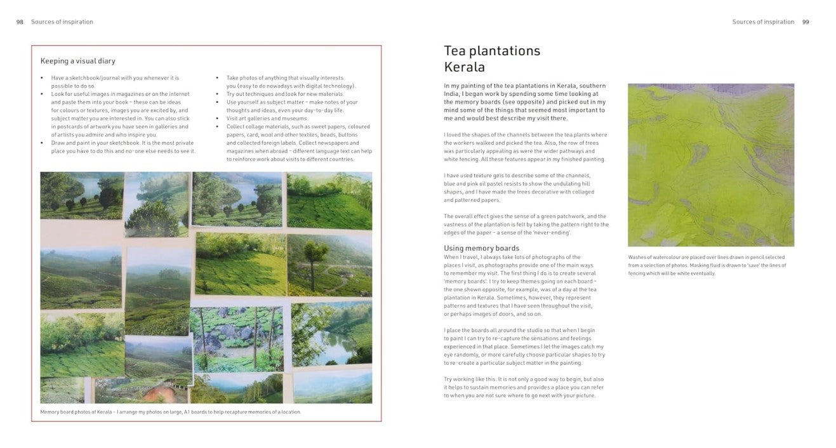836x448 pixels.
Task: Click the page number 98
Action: pyautogui.click(x=20, y=22)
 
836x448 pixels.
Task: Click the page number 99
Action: pyautogui.click(x=806, y=22)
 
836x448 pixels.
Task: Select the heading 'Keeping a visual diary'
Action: pyautogui.click(x=77, y=61)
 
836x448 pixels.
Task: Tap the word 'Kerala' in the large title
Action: pyautogui.click(x=464, y=67)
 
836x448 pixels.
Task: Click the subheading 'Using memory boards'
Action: pyautogui.click(x=481, y=248)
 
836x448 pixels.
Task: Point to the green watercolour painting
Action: pyautogui.click(x=710, y=165)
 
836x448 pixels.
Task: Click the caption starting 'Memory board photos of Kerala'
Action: pyautogui.click(x=170, y=412)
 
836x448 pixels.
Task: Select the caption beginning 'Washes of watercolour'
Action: pyautogui.click(x=707, y=265)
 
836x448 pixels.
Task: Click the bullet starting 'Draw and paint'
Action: pyautogui.click(x=123, y=147)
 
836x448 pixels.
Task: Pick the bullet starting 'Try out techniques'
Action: pyautogui.click(x=285, y=94)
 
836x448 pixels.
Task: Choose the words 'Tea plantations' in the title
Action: pyautogui.click(x=491, y=51)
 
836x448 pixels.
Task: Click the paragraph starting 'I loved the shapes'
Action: pyautogui.click(x=525, y=147)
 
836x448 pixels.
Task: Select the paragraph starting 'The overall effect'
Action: pyautogui.click(x=526, y=225)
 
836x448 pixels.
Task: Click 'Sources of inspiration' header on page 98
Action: pyautogui.click(x=62, y=22)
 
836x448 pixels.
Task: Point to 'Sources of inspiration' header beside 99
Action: pyautogui.click(x=762, y=22)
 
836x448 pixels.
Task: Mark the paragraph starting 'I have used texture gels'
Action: pyautogui.click(x=519, y=188)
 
